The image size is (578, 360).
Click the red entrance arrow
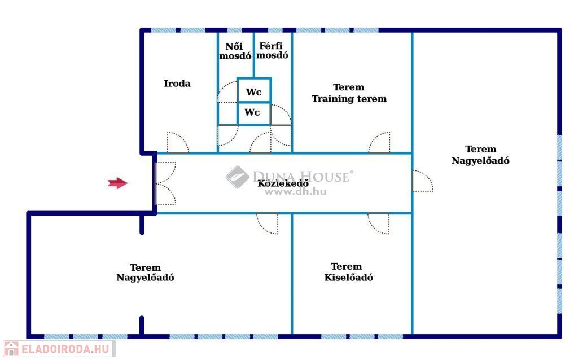[117, 183]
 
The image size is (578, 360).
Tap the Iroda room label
[177, 84]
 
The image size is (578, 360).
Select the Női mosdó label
[235, 51]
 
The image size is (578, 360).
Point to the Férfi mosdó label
[273, 51]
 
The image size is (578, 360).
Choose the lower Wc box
[252, 113]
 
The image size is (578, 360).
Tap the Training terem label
[349, 93]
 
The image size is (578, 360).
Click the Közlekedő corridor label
[283, 183]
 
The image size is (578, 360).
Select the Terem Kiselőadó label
[348, 272]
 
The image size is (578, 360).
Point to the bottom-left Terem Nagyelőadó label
[145, 273]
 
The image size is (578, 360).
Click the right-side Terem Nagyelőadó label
[481, 155]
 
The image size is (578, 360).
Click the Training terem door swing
[379, 143]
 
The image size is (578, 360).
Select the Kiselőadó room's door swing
[378, 223]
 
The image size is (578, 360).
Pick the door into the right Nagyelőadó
[422, 181]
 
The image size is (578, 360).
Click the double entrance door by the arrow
[165, 183]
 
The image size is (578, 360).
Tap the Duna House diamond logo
[237, 177]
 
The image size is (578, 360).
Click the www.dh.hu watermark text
[296, 191]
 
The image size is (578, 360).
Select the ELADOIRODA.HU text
[65, 349]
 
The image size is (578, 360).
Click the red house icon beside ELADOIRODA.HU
[11, 349]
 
